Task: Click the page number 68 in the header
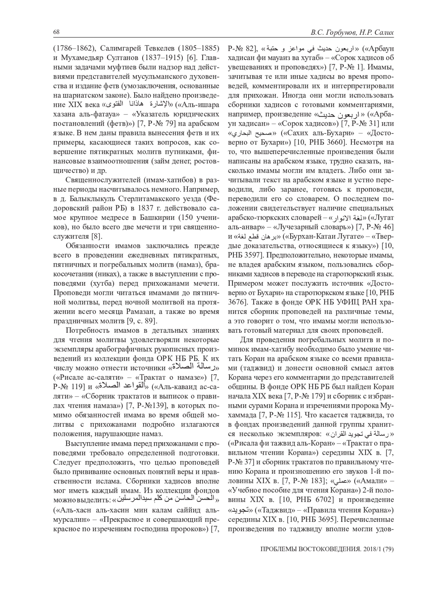tap(56, 32)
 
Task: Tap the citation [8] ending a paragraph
tap(97, 236)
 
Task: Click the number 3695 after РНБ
tap(326, 518)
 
